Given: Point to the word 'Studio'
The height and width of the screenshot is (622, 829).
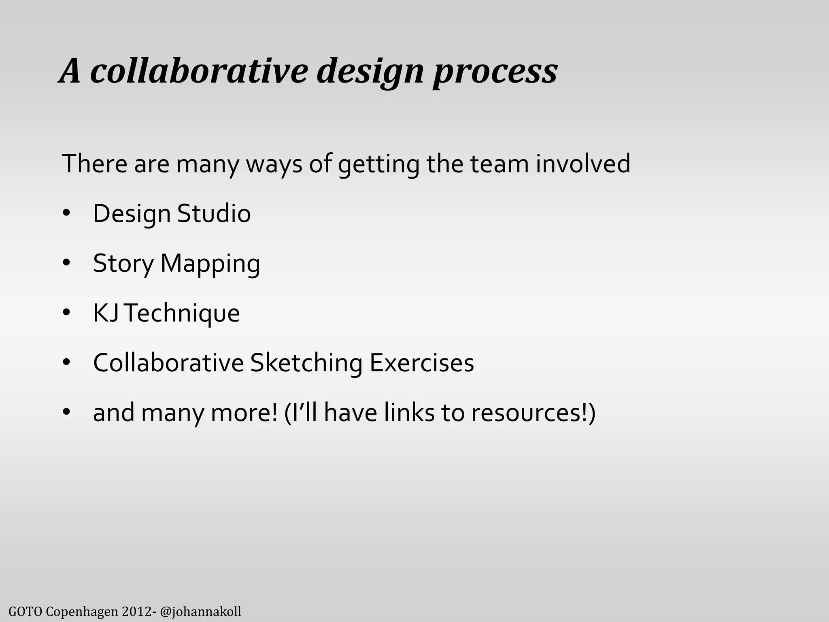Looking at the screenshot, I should (214, 214).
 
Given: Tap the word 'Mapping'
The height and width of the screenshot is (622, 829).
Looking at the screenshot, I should (210, 264).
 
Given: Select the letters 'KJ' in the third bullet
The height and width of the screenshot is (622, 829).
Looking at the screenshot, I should (105, 313).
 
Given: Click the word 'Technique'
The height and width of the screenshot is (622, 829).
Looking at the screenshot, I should (182, 313).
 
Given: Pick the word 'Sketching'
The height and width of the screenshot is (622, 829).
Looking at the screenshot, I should (306, 363).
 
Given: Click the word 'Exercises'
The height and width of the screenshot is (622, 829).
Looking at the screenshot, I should (421, 363).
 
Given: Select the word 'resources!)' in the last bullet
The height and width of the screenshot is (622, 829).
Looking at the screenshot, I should (533, 413).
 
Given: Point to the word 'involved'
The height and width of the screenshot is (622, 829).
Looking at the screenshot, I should (583, 164).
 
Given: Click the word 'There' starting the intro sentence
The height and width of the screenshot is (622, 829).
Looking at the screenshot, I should (94, 164).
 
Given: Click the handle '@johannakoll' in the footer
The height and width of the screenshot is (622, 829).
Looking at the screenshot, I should (201, 611).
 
